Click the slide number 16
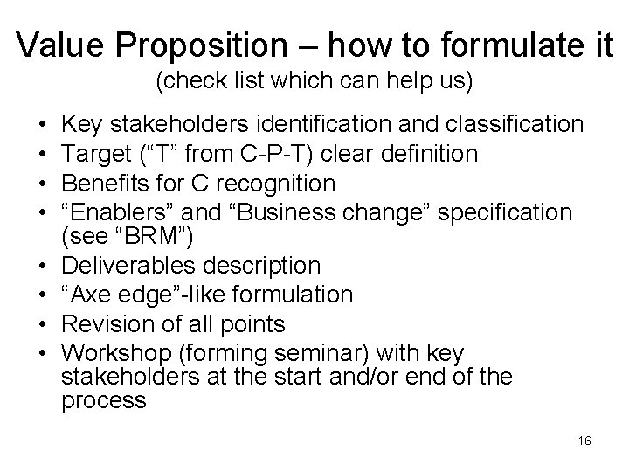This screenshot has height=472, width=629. (584, 441)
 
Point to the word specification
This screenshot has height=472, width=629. (501, 212)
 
